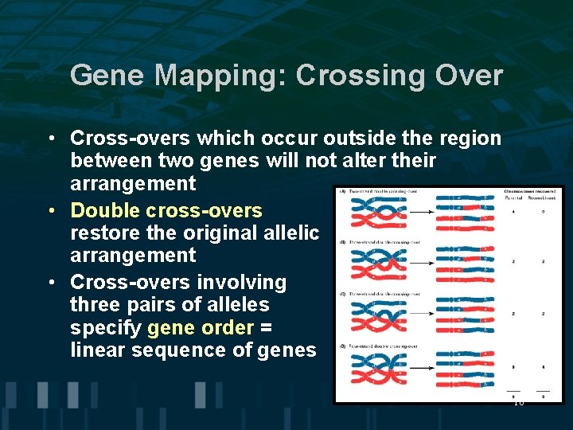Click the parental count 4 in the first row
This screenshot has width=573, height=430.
[514, 212]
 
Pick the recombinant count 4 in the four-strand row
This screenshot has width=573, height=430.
[543, 367]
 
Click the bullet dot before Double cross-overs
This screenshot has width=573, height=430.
[49, 211]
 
